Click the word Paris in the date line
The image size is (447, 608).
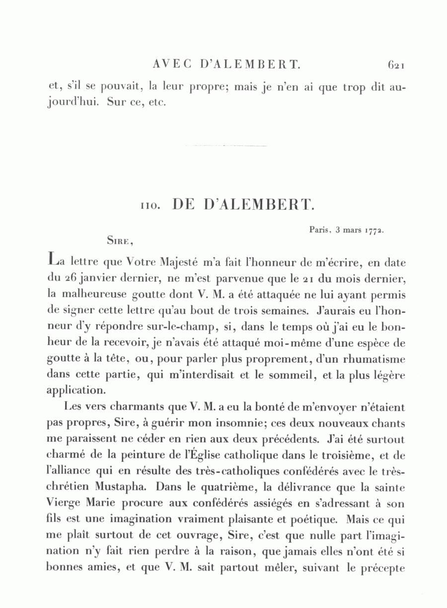point(319,230)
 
